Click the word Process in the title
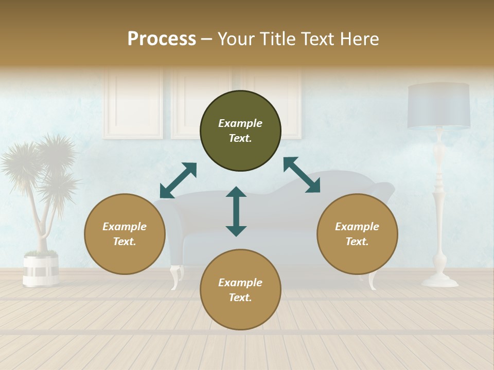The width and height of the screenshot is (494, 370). (162, 39)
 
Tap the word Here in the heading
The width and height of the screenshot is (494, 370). (359, 39)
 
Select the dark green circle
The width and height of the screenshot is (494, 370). (240, 131)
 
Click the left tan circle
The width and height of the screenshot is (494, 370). (125, 234)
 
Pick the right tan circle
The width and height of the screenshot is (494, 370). (357, 234)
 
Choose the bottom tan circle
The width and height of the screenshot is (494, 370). (240, 290)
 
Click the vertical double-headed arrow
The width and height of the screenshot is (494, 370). (236, 211)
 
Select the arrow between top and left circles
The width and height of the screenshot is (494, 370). (178, 180)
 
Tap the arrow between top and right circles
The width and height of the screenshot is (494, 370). (302, 175)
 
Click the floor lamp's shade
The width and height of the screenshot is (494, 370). (439, 106)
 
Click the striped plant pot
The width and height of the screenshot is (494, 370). (41, 269)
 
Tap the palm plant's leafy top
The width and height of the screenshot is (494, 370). (41, 164)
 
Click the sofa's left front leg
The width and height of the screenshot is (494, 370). (175, 276)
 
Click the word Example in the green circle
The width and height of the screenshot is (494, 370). (240, 123)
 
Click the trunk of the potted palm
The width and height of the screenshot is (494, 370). (43, 226)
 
